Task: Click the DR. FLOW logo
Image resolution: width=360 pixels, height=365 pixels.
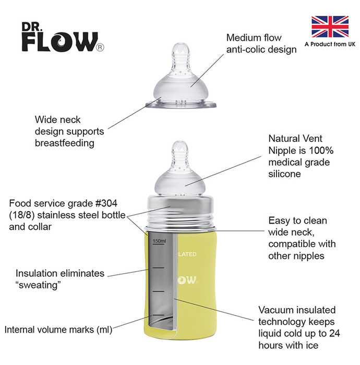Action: coord(63,37)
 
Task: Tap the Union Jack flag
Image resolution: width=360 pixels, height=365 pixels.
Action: coord(330,27)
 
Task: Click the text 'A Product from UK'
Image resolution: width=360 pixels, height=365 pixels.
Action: coord(330,44)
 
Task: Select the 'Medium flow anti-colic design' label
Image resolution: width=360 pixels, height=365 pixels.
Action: coord(261,43)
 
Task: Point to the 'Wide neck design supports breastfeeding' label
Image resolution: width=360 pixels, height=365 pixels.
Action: coord(69,131)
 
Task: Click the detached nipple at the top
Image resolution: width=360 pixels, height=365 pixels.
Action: coord(181,76)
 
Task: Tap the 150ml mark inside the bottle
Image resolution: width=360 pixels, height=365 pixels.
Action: coord(159,241)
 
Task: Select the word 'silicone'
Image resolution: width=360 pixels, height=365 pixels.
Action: coord(284,174)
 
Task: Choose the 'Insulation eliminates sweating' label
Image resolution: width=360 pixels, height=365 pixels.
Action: coord(60,279)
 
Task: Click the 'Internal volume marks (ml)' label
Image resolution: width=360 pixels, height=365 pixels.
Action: coord(58,330)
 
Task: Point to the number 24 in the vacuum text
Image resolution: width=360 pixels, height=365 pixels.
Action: coord(334,333)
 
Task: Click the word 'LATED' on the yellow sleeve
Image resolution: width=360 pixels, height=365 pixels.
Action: coord(187,254)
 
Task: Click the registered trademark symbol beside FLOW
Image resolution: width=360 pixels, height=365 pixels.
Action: coord(100,47)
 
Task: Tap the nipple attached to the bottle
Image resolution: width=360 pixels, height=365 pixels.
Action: coord(180,168)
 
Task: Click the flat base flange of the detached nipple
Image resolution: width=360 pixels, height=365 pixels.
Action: coord(181,105)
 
